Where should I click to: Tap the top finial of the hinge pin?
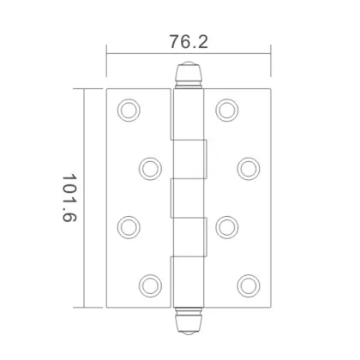click(189, 77)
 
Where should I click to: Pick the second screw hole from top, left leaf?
click(150, 166)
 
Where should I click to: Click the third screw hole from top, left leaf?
click(128, 226)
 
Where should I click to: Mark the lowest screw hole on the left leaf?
click(150, 285)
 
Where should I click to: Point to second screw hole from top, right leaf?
click(249, 166)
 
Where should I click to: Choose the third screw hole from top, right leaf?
click(226, 226)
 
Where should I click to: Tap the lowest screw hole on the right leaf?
click(249, 285)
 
